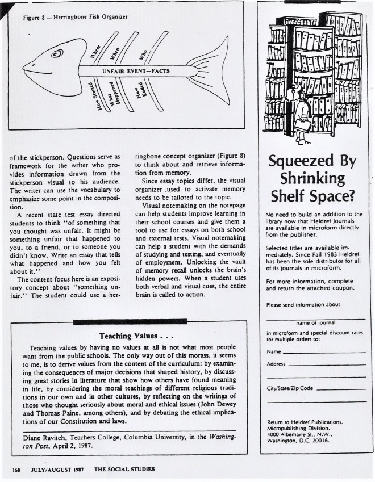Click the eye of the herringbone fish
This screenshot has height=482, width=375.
click(x=56, y=55)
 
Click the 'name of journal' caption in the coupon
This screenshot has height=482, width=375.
click(x=315, y=322)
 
